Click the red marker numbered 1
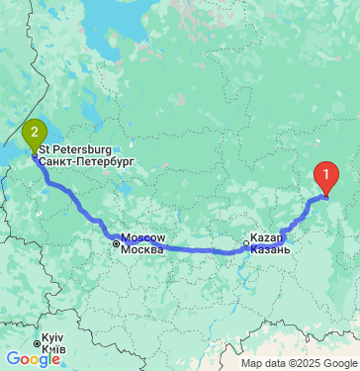click(326, 177)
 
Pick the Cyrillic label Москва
click(142, 249)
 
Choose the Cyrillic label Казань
click(270, 249)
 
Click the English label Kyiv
click(53, 339)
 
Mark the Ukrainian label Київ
click(53, 350)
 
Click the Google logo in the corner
click(33, 359)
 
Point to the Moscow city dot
click(116, 243)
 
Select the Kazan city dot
click(246, 243)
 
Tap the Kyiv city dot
click(37, 344)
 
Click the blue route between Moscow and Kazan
click(188, 249)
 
